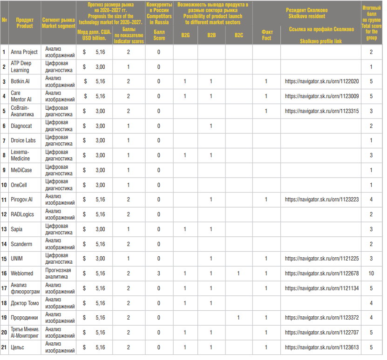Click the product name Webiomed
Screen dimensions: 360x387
pyautogui.click(x=22, y=273)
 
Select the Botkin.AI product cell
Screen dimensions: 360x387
pyautogui.click(x=21, y=81)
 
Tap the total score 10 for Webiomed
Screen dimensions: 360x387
pyautogui.click(x=371, y=273)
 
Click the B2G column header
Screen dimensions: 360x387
pyautogui.click(x=185, y=35)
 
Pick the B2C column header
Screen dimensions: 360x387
pyautogui.click(x=238, y=35)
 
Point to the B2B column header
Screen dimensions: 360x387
pyautogui.click(x=211, y=35)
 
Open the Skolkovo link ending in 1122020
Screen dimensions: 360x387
pyautogui.click(x=322, y=81)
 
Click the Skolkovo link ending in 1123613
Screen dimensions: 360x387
pyautogui.click(x=322, y=347)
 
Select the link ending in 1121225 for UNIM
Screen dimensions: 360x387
pyautogui.click(x=322, y=259)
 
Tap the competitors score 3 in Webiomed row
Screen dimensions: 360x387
pyautogui.click(x=159, y=273)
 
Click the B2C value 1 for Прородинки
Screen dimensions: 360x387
pyautogui.click(x=238, y=318)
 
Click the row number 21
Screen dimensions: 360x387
pyautogui.click(x=4, y=347)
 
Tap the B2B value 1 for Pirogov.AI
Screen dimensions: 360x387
pyautogui.click(x=211, y=200)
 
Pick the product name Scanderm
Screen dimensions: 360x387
pyautogui.click(x=22, y=244)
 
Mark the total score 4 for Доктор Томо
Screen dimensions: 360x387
pyautogui.click(x=371, y=303)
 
